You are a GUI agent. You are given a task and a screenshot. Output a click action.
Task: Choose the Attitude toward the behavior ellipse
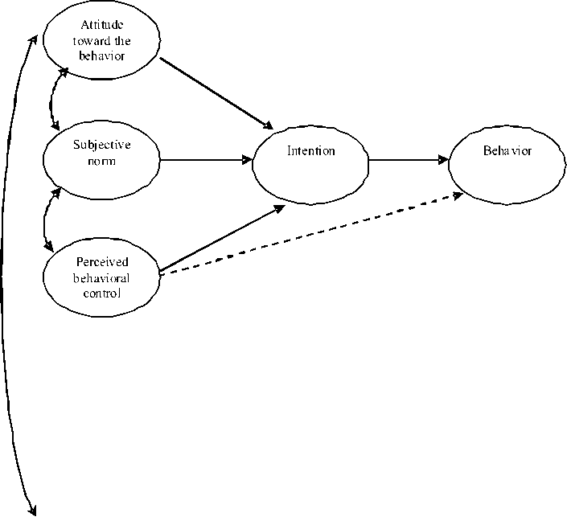(101, 40)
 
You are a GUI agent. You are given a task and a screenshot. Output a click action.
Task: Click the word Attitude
(102, 25)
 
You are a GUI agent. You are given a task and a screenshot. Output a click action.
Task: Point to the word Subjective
(101, 146)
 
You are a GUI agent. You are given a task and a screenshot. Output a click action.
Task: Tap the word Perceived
(102, 262)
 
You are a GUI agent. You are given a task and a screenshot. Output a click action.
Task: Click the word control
(102, 293)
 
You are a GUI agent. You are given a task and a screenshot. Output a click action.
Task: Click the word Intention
(310, 151)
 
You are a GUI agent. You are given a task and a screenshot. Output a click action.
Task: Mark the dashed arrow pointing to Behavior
(314, 234)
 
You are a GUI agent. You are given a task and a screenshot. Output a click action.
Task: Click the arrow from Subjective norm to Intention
(206, 160)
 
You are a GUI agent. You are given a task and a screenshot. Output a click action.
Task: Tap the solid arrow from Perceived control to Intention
(222, 238)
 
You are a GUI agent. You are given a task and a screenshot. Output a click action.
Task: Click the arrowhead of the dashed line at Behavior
(458, 195)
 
